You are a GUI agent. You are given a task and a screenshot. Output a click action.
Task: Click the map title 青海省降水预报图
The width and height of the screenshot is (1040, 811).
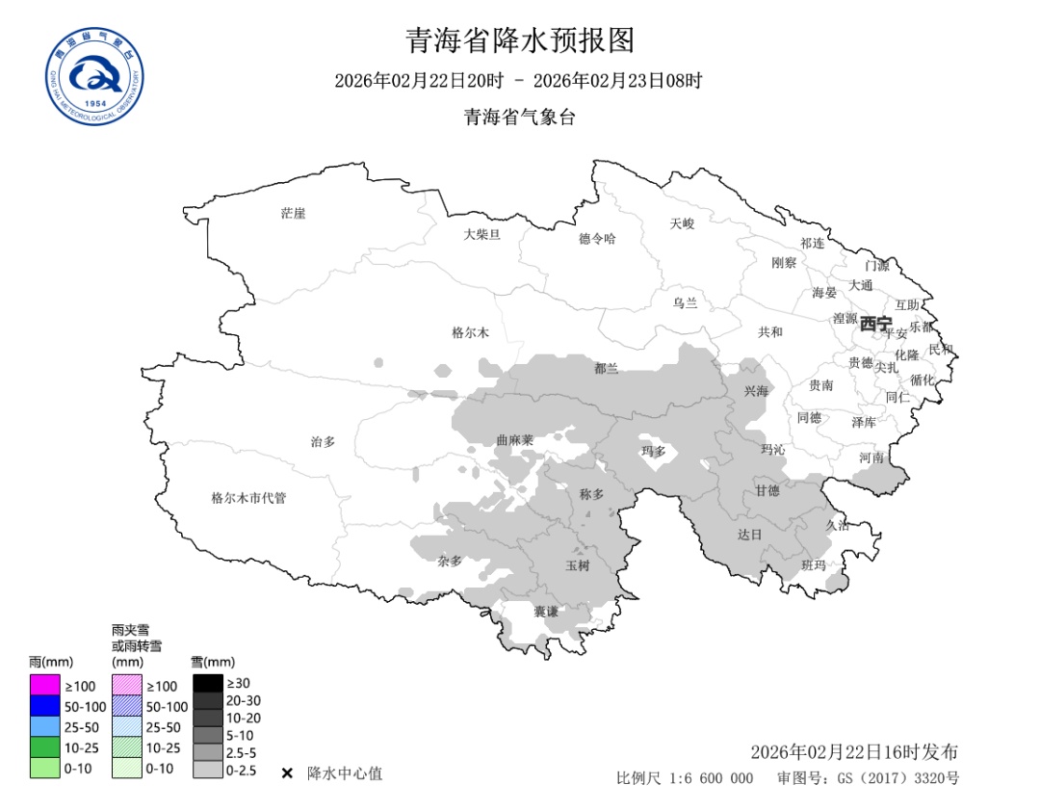(x=520, y=40)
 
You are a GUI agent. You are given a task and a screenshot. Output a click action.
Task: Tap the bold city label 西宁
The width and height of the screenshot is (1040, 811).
(x=876, y=324)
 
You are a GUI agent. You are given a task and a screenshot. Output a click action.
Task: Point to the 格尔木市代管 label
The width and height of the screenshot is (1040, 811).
(x=248, y=498)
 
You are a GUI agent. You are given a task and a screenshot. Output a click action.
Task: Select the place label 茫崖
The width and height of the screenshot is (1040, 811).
(x=293, y=213)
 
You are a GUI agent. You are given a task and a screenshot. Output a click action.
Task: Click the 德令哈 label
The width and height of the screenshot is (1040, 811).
(x=597, y=238)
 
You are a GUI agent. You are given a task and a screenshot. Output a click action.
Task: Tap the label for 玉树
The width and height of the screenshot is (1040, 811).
(x=577, y=565)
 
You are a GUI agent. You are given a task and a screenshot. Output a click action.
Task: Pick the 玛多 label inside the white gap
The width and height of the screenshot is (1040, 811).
(x=654, y=450)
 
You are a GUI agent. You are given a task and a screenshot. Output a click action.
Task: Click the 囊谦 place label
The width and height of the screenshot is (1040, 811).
(x=546, y=612)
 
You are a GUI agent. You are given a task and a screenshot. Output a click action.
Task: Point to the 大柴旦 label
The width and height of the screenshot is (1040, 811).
(x=481, y=234)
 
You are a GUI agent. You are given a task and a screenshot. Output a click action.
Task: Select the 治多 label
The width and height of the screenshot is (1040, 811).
(x=323, y=441)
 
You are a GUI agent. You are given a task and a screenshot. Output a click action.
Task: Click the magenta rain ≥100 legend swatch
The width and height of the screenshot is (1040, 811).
(x=44, y=686)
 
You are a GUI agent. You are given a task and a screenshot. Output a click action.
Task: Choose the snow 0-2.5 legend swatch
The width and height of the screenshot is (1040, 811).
(x=207, y=771)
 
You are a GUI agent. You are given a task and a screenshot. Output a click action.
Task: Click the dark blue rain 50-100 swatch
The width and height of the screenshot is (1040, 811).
(x=44, y=706)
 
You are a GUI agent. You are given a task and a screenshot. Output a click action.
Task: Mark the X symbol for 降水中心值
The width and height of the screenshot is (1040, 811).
(x=287, y=773)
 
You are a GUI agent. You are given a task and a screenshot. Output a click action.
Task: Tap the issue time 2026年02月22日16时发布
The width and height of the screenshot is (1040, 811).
(x=853, y=752)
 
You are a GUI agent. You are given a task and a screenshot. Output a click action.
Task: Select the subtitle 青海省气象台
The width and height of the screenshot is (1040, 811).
(x=520, y=118)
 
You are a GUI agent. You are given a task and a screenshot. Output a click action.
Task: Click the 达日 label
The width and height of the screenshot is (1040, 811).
(x=749, y=534)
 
